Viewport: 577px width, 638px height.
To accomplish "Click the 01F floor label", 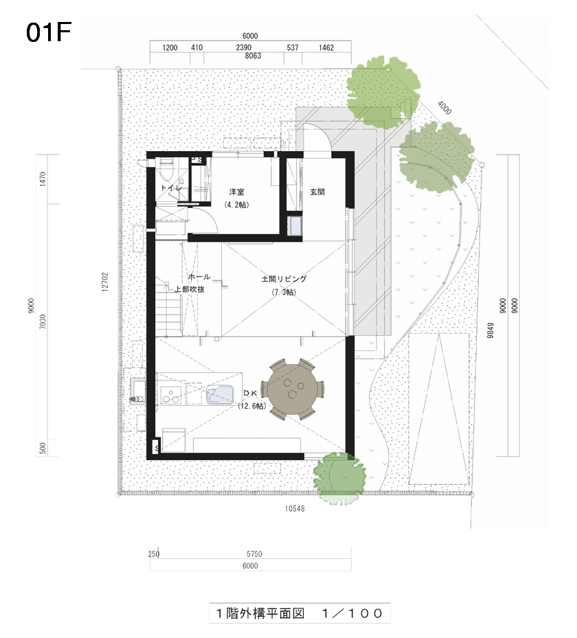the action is point(48,32).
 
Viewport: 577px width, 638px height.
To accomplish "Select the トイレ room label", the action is point(171,188).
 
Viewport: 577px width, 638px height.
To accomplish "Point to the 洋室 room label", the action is point(237,192).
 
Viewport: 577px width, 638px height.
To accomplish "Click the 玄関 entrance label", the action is point(317,192).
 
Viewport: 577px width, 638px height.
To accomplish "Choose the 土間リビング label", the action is point(284,279).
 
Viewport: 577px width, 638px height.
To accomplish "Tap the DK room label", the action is point(251,393).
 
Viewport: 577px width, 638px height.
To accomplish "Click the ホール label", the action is point(199,277).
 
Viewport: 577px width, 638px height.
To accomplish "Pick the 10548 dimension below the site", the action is point(295,508).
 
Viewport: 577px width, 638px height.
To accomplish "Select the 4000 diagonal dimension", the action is point(444,107).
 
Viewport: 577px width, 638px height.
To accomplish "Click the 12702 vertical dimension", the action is point(105,282).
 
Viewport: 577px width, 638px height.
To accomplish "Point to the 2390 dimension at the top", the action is point(244,47).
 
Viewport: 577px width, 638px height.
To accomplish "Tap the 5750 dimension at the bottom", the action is point(254,554).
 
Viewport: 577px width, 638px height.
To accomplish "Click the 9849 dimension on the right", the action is point(490,330).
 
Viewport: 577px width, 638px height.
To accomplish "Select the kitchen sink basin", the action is point(220,394).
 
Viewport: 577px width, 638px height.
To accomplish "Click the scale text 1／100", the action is point(352,613).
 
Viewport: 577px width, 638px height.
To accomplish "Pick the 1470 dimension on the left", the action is point(43,179).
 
